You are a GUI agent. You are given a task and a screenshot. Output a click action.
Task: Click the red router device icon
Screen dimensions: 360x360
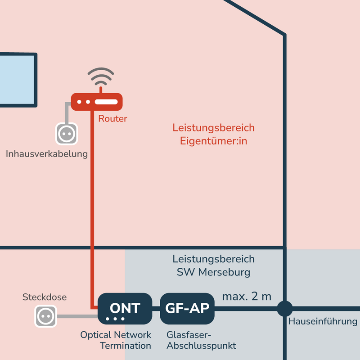coord(97,102)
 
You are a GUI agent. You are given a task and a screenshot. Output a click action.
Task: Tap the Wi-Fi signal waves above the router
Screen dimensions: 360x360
coord(100,78)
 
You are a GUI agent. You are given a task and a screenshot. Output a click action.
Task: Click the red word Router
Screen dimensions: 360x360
coord(112,119)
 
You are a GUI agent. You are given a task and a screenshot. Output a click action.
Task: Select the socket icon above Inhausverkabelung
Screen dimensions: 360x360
coord(67,133)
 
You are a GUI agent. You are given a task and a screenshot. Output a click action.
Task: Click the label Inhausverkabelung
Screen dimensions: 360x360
coord(47,154)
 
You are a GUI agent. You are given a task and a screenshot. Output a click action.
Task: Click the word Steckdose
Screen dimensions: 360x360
coord(45,297)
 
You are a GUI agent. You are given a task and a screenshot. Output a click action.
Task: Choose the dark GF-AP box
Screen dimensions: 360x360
coord(187,309)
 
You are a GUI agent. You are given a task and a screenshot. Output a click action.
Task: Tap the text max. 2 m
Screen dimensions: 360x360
coord(247,297)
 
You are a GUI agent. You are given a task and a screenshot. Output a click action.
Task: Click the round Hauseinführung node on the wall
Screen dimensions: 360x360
coord(284,309)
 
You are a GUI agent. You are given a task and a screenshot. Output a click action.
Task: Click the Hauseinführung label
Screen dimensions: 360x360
coord(323,322)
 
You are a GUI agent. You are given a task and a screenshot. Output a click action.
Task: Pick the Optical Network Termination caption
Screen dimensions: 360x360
coord(116,340)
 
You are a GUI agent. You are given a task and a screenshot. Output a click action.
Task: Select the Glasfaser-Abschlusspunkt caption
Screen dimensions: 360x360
coord(201,340)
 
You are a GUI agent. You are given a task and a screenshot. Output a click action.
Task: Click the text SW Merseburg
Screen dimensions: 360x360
coord(213,272)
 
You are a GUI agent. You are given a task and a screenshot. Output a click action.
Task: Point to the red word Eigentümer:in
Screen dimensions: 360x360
coord(214,140)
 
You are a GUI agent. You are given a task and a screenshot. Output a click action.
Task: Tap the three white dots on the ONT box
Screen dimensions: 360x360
coord(116,319)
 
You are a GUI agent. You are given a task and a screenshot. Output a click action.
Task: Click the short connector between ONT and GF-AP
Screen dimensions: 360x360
coord(156,309)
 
